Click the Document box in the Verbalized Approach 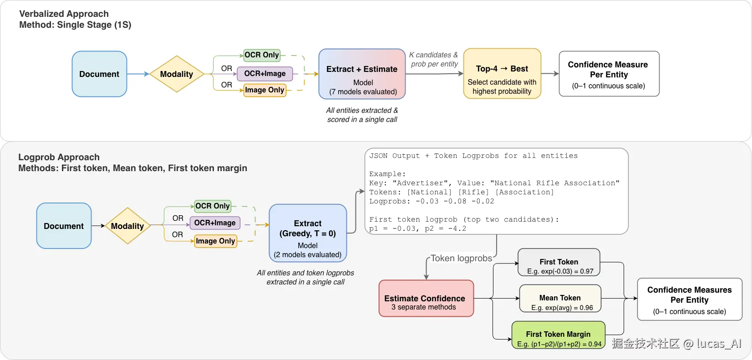click(99, 74)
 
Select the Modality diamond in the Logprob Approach click(127, 226)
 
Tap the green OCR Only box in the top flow click(262, 55)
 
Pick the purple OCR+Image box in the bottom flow click(215, 223)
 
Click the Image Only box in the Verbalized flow click(264, 90)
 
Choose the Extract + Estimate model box click(362, 74)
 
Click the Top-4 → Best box click(502, 73)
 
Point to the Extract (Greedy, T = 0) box click(308, 233)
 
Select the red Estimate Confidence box click(426, 298)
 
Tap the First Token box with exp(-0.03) click(559, 262)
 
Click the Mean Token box click(560, 299)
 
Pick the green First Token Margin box click(558, 335)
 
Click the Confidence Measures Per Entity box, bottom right click(690, 299)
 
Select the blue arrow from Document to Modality click(138, 74)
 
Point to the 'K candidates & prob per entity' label click(434, 59)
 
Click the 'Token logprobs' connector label click(461, 258)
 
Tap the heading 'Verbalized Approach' click(64, 14)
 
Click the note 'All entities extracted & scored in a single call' click(362, 115)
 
